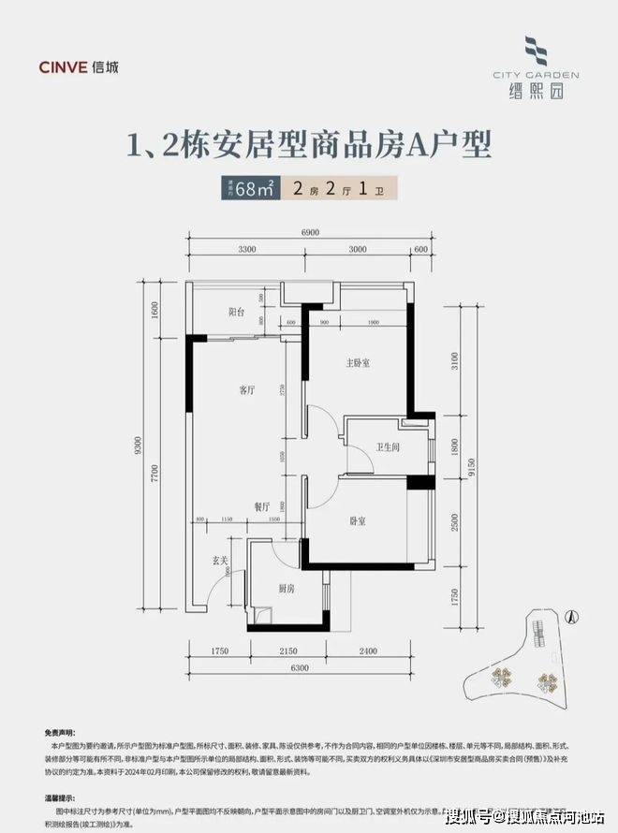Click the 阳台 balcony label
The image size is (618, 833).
236,312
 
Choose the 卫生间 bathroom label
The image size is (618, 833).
388,447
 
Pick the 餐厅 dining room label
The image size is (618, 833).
261,504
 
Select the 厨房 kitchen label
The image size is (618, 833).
287,589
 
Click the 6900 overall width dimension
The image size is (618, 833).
311,231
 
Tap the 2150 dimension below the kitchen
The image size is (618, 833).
287,649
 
